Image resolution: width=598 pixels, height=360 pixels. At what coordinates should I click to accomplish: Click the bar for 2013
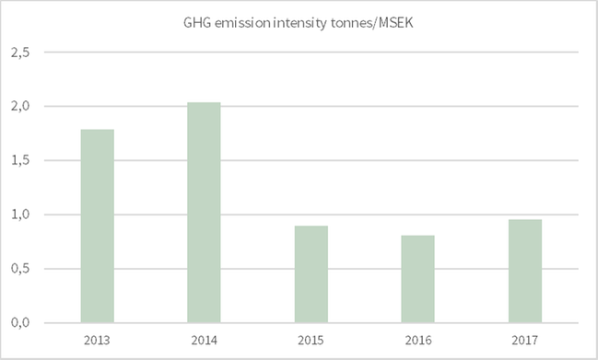[x=98, y=226]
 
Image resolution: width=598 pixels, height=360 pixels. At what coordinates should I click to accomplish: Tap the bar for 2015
[x=311, y=273]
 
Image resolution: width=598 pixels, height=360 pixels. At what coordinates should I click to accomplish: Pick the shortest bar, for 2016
[x=418, y=278]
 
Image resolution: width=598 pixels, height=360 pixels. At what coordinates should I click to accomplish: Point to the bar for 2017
[x=525, y=271]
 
